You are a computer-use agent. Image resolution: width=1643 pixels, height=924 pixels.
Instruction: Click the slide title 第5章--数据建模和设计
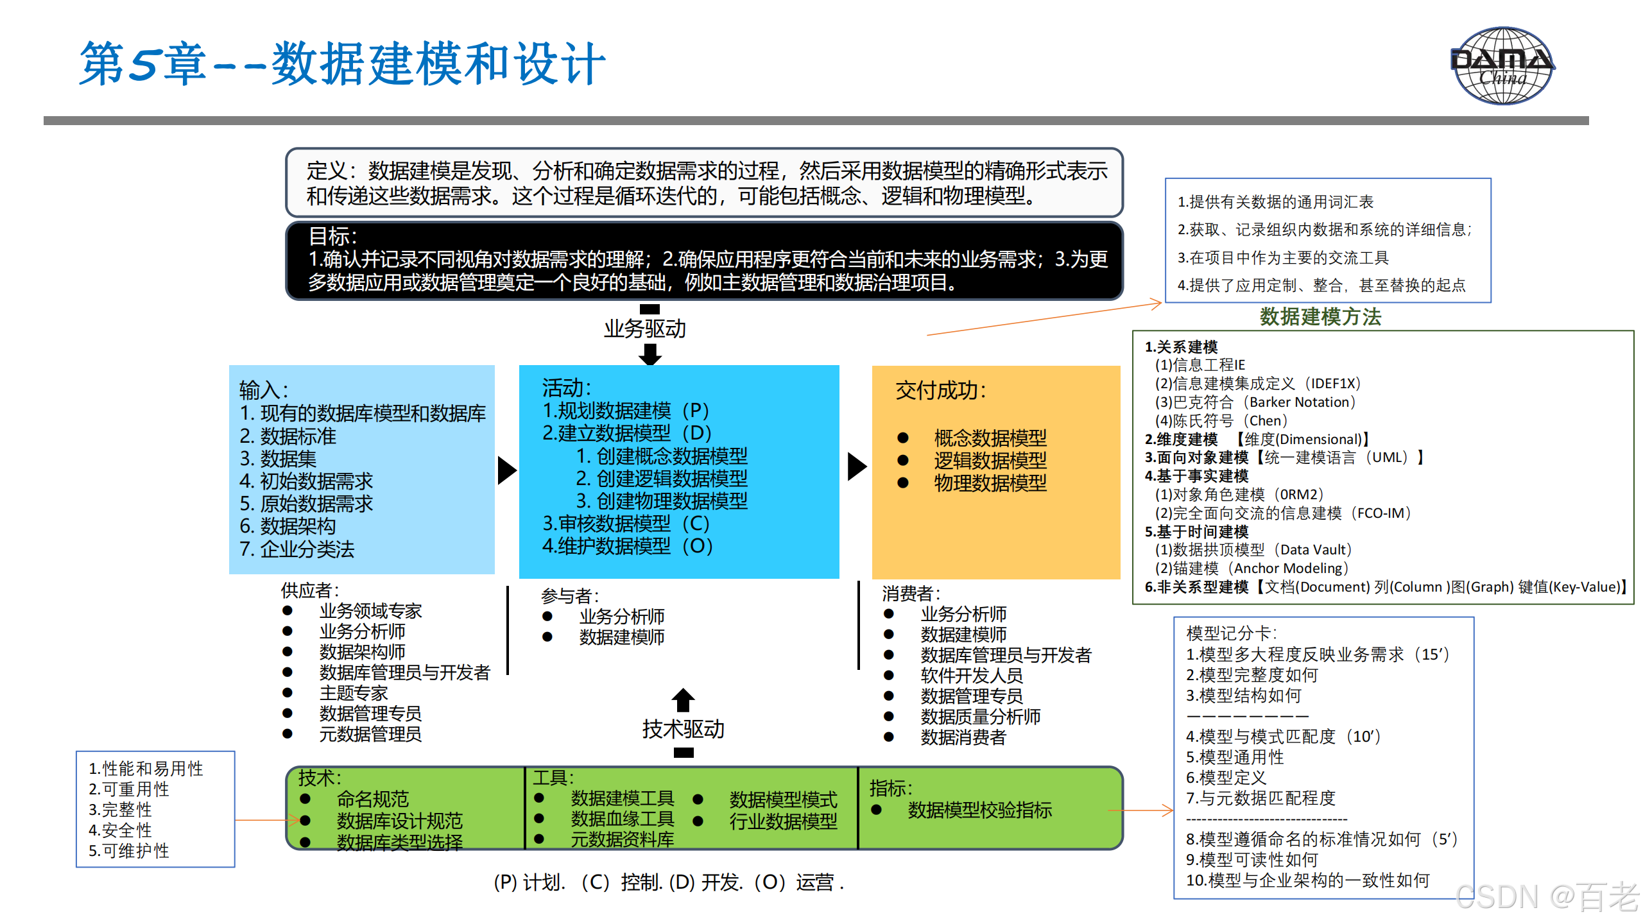click(x=342, y=64)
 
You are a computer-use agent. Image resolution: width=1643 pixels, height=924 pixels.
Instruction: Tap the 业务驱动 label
click(x=644, y=329)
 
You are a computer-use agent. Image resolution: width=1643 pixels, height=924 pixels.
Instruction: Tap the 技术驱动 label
click(x=683, y=729)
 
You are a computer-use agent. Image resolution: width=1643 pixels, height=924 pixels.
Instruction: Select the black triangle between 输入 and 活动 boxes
click(x=506, y=470)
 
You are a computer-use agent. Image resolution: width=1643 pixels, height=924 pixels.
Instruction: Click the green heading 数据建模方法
click(x=1320, y=316)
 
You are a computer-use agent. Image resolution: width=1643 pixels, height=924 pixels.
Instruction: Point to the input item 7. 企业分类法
click(x=297, y=549)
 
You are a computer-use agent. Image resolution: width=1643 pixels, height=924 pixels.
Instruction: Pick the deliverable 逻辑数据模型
click(x=990, y=460)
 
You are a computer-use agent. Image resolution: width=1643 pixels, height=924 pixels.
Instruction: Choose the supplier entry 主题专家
click(x=354, y=693)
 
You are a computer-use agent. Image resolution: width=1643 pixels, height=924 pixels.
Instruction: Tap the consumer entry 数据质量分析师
click(x=980, y=717)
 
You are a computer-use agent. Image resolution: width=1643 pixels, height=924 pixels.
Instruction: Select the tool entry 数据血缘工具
click(x=622, y=819)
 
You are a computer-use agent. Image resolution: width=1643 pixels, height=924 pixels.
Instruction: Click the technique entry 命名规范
click(x=373, y=799)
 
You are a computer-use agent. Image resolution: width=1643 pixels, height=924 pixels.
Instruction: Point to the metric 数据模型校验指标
click(x=979, y=810)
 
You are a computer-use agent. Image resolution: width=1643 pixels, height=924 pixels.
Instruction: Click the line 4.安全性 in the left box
click(x=120, y=830)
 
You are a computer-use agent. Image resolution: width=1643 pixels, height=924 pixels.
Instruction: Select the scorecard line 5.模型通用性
click(x=1234, y=757)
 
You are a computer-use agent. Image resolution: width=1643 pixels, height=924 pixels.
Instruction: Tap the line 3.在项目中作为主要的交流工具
click(x=1282, y=258)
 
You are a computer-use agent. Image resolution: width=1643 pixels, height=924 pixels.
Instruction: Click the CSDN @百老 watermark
click(x=1547, y=897)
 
